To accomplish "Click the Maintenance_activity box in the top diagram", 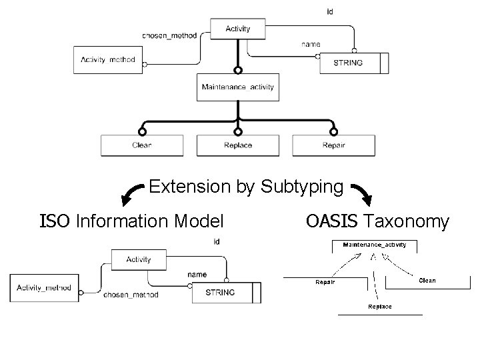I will click(x=238, y=87).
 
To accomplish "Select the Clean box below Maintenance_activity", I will click(x=142, y=145).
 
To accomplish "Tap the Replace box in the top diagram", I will click(x=238, y=145).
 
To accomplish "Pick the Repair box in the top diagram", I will click(x=333, y=145).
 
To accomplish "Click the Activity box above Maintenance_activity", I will click(x=238, y=29).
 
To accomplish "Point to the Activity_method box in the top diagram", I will click(x=108, y=60).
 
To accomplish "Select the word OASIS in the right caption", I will click(x=333, y=221).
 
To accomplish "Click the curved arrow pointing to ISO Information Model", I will click(x=131, y=194).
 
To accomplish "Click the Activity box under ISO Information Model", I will click(x=139, y=259).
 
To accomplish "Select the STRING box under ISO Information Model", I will click(x=221, y=293).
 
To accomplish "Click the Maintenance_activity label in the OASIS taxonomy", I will click(x=374, y=245).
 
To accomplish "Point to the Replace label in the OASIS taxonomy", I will click(x=380, y=307).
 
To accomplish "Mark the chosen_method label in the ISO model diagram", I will click(x=131, y=295).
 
